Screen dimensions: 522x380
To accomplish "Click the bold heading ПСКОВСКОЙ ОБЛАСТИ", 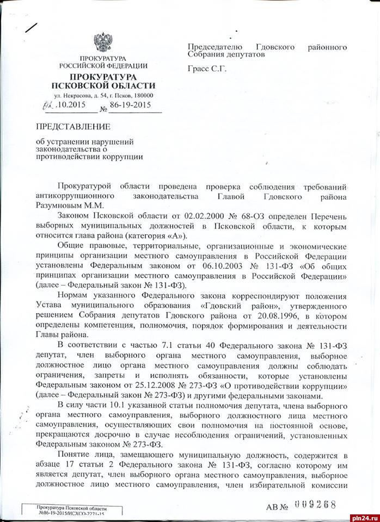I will click(x=103, y=86).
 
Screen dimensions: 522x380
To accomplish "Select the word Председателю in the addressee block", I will click(x=215, y=47).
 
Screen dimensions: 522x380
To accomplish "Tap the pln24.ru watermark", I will click(x=362, y=513).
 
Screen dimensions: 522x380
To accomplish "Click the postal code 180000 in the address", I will click(x=143, y=96).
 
